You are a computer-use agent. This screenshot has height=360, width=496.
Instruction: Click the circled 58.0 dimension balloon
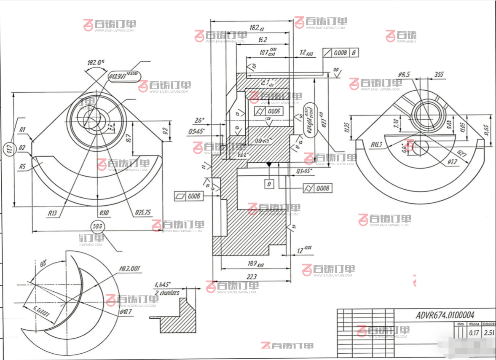pyautogui.click(x=98, y=226)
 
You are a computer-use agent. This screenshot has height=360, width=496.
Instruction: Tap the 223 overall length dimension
pyautogui.click(x=252, y=277)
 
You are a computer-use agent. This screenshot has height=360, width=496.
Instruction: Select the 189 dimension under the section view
pyautogui.click(x=253, y=264)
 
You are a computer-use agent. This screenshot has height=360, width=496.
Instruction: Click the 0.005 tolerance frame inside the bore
pyautogui.click(x=269, y=111)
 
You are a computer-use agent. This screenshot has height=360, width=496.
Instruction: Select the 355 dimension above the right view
pyautogui.click(x=439, y=75)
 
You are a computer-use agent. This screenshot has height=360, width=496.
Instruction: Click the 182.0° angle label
pyautogui.click(x=96, y=62)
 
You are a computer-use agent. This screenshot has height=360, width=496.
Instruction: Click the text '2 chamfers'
pyautogui.click(x=167, y=293)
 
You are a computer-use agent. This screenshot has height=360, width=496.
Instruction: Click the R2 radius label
pyautogui.click(x=23, y=148)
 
